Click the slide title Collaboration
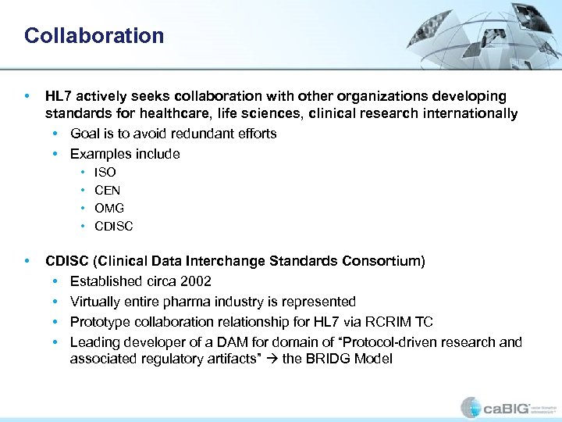(94, 36)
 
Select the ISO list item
(105, 173)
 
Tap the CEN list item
(107, 191)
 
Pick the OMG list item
(108, 209)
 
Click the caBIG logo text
(508, 407)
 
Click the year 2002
(196, 281)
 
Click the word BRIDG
(316, 359)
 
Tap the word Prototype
(98, 322)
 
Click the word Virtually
(94, 302)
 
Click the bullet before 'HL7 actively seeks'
(29, 96)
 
